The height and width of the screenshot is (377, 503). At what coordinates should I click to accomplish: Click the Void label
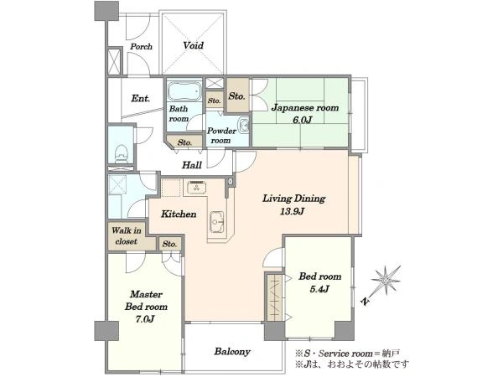194,45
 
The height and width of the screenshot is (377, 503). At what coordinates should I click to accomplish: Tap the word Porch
141,46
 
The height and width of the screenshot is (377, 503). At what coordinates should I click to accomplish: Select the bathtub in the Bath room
184,91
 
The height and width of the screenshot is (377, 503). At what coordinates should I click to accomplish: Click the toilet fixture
121,153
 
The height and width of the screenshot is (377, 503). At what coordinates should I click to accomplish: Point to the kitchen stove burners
196,187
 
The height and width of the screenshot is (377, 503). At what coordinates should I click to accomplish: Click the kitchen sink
217,221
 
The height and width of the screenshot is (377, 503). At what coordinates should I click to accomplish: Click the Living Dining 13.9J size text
293,212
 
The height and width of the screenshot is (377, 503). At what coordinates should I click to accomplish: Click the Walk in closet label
127,236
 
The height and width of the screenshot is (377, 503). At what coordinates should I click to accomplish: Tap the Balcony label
232,352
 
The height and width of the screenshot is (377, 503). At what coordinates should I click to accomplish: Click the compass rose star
386,281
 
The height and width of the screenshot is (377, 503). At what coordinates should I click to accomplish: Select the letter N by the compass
365,301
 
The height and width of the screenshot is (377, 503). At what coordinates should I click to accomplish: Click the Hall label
192,165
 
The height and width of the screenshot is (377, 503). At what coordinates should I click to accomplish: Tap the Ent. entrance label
141,98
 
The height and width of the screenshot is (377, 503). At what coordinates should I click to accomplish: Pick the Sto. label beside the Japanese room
236,96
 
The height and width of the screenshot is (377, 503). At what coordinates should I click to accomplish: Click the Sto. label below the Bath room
184,142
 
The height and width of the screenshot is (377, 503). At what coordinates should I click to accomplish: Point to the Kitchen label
179,214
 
